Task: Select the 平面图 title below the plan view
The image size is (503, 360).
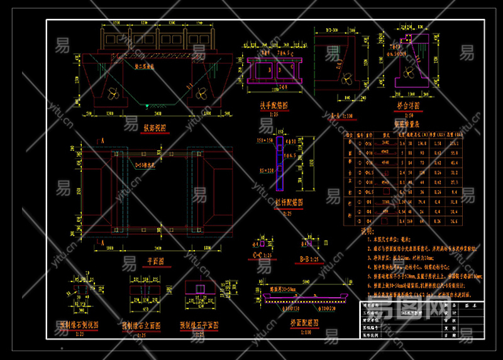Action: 155,261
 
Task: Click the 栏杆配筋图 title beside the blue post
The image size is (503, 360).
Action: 289,202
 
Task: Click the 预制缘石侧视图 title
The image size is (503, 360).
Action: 80,325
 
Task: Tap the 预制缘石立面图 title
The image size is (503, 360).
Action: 141,326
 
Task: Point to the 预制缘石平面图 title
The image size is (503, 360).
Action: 199,325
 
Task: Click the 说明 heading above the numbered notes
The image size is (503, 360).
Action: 367,231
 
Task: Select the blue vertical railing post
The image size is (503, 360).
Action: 279,163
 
